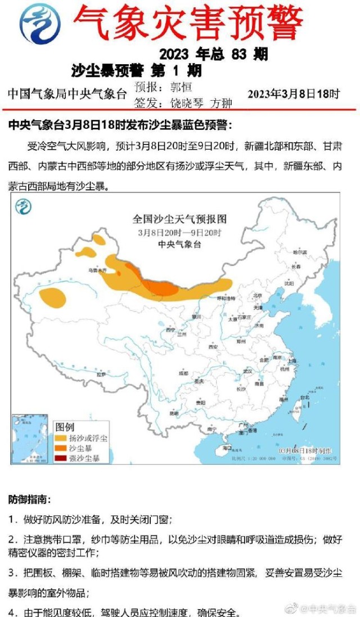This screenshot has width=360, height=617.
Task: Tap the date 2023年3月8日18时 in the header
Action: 294,93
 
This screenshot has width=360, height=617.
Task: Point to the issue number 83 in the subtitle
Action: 239,55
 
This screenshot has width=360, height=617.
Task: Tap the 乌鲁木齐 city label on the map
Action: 96,271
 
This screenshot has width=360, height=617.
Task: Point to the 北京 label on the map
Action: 258,295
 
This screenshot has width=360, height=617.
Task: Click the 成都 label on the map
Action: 183,372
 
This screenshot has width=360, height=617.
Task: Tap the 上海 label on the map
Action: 291,360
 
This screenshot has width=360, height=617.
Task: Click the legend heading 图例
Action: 65,427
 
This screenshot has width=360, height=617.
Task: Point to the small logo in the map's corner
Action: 24,208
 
